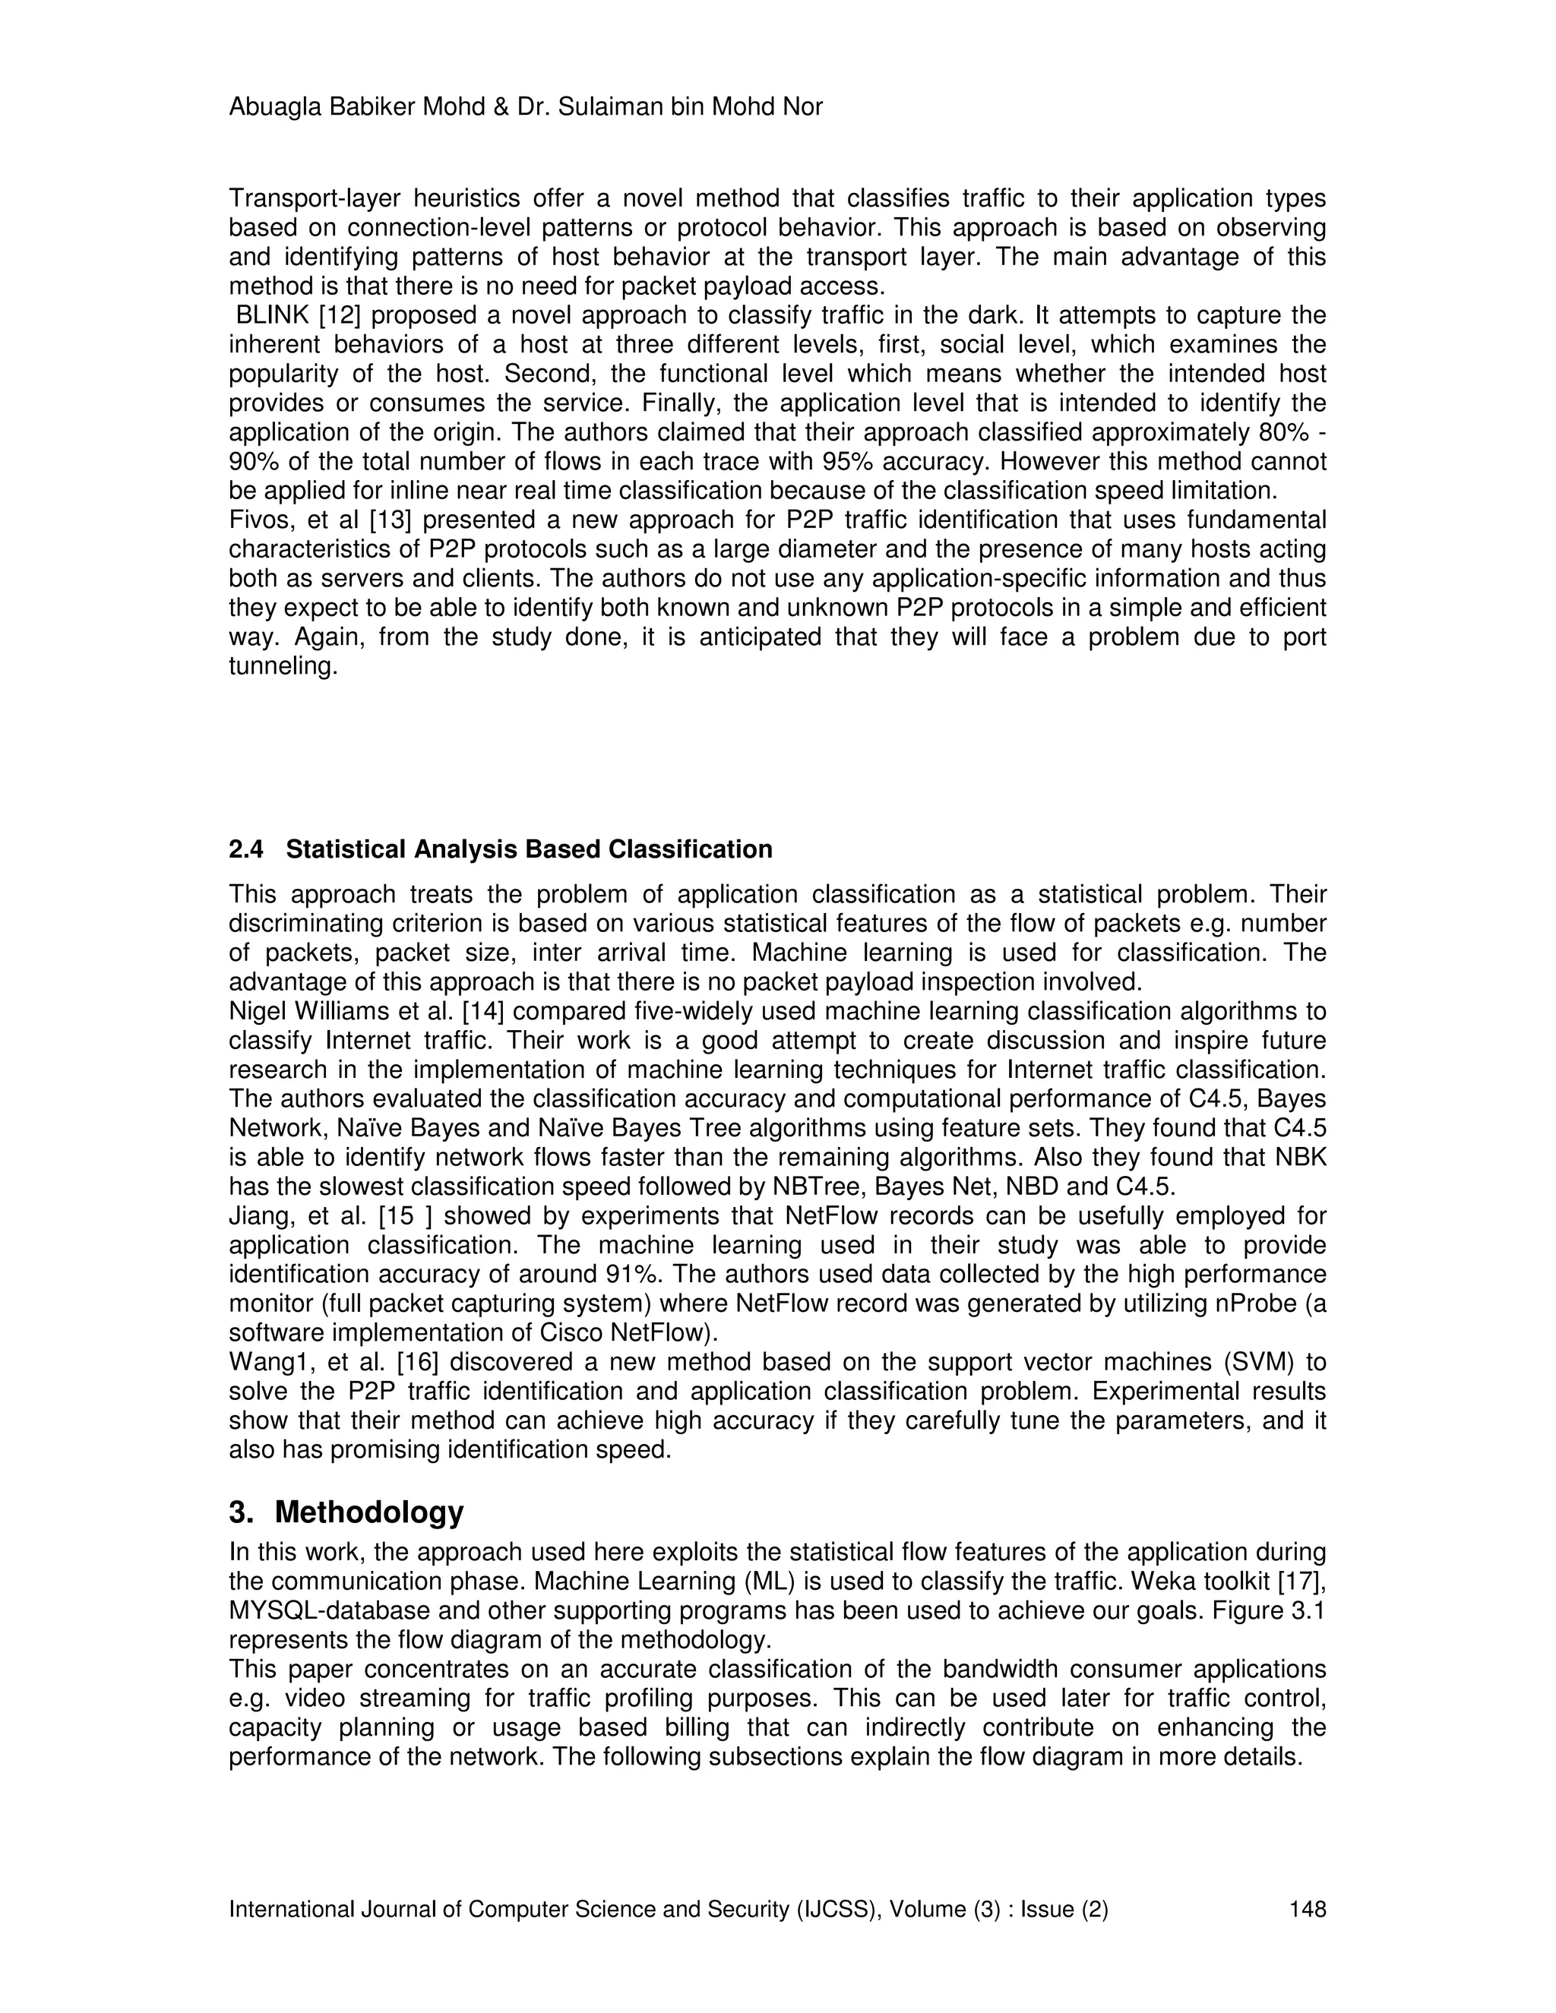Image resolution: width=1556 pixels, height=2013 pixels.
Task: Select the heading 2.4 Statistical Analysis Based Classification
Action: pyautogui.click(x=501, y=849)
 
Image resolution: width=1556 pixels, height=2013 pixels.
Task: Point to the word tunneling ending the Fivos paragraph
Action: pyautogui.click(x=283, y=666)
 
